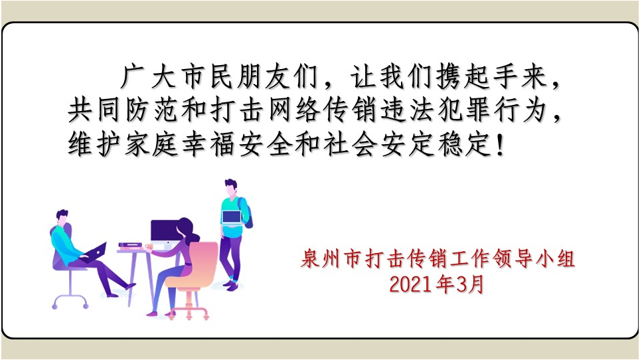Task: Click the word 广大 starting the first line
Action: coord(148,77)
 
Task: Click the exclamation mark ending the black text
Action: coord(501,145)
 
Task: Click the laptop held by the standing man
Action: coord(232,218)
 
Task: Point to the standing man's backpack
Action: coord(246,213)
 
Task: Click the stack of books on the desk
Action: coord(130,245)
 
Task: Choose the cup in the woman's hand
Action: coord(149,246)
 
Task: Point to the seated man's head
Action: coord(62,217)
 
